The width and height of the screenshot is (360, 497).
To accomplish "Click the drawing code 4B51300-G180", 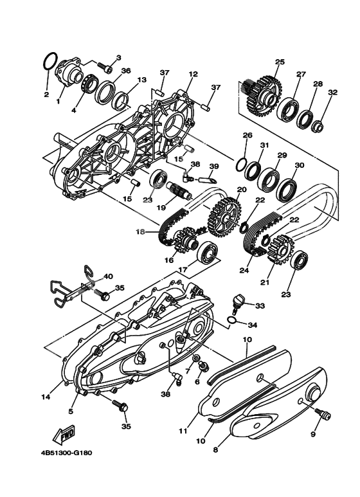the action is [x=66, y=453].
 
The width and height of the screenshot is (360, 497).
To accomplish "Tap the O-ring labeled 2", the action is [x=50, y=61].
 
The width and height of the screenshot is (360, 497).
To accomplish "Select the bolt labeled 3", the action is [x=105, y=68].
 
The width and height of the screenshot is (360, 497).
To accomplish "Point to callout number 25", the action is [x=280, y=62].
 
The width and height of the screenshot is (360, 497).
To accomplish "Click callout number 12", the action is [x=193, y=74].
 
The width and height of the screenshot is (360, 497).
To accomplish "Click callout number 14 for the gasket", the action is [x=45, y=397].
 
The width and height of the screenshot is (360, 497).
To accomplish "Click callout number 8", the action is [x=215, y=449].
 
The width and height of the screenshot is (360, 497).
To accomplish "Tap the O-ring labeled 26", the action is [x=242, y=165].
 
